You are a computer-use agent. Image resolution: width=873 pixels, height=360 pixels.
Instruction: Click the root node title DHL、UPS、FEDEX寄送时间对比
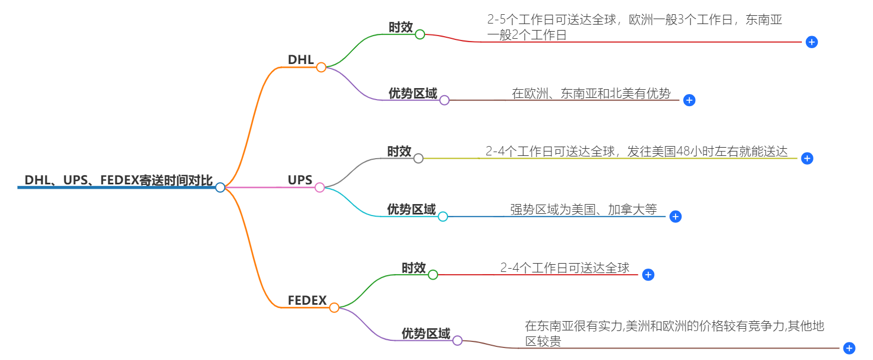tap(118, 180)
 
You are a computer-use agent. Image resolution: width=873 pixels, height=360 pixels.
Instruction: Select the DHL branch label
tap(301, 60)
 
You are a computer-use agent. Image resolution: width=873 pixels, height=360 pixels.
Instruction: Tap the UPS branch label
tap(300, 180)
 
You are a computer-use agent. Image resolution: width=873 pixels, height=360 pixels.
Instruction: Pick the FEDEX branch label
tap(307, 300)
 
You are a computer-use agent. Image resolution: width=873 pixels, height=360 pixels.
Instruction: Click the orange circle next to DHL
tap(321, 67)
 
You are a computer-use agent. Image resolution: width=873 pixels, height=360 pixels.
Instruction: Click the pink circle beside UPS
tap(319, 188)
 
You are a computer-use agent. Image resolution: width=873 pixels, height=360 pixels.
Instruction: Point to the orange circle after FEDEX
tap(334, 307)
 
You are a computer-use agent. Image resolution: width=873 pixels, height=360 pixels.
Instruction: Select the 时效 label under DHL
tap(400, 27)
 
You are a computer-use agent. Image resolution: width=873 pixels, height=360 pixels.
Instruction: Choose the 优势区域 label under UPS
tap(411, 210)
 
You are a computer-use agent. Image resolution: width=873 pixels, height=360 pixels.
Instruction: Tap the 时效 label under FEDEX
tap(414, 268)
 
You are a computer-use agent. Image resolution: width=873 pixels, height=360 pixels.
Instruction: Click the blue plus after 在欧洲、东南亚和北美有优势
tap(689, 100)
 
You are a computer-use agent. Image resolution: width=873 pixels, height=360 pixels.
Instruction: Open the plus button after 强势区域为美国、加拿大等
tap(676, 217)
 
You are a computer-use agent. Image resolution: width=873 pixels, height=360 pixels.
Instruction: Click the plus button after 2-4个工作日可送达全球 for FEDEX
tap(648, 275)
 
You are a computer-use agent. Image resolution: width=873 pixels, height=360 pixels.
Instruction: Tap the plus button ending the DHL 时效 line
tap(812, 42)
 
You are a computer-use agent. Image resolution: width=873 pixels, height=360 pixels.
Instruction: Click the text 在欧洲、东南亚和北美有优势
tap(591, 94)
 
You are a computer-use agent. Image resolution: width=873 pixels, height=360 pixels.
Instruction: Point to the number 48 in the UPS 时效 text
tap(683, 152)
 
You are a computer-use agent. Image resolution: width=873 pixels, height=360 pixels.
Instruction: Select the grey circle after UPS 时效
tap(418, 159)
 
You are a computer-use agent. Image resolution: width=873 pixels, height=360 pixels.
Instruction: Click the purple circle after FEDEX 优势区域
tap(457, 341)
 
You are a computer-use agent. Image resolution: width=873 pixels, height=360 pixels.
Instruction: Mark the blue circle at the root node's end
tap(220, 188)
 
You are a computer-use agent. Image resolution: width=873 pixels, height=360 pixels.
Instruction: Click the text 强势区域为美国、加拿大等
tap(583, 210)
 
